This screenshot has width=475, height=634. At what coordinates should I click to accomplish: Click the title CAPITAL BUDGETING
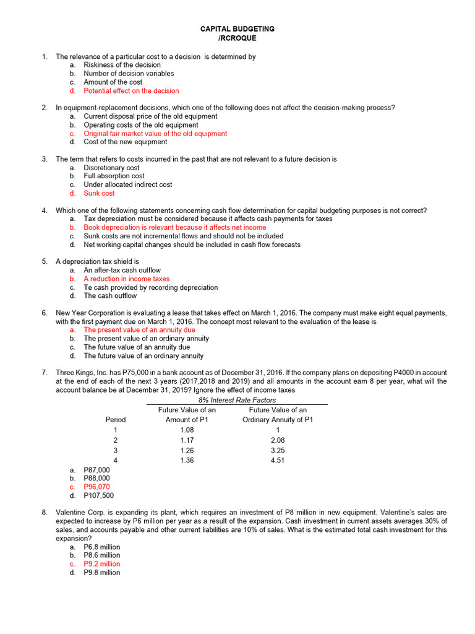pyautogui.click(x=237, y=29)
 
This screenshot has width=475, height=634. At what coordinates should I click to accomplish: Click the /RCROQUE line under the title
pyautogui.click(x=237, y=38)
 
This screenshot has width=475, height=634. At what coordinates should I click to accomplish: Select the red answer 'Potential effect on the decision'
pyautogui.click(x=131, y=91)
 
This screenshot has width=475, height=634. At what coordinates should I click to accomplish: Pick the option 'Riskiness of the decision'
pyautogui.click(x=122, y=65)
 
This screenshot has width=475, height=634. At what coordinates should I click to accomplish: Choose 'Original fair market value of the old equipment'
pyautogui.click(x=155, y=134)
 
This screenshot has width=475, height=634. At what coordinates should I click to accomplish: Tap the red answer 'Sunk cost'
pyautogui.click(x=99, y=193)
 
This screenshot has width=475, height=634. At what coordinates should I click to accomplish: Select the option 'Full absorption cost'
pyautogui.click(x=114, y=176)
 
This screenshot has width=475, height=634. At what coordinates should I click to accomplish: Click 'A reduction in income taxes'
pyautogui.click(x=126, y=279)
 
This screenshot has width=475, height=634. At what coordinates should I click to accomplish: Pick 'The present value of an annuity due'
pyautogui.click(x=139, y=330)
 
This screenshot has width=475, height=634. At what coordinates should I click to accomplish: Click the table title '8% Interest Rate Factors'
pyautogui.click(x=237, y=401)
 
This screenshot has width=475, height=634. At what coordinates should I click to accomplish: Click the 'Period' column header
pyautogui.click(x=116, y=420)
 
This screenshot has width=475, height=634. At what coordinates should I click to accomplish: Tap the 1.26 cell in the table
pyautogui.click(x=187, y=451)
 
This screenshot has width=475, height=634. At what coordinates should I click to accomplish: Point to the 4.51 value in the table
pyautogui.click(x=278, y=461)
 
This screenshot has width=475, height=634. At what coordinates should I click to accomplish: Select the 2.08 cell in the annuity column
pyautogui.click(x=278, y=440)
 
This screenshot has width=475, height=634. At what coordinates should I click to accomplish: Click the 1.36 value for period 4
pyautogui.click(x=187, y=461)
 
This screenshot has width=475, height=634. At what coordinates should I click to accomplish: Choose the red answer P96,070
pyautogui.click(x=96, y=487)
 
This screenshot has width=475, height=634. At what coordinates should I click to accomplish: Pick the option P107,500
pyautogui.click(x=98, y=495)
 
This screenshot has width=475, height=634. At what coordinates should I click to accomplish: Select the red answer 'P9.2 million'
pyautogui.click(x=102, y=564)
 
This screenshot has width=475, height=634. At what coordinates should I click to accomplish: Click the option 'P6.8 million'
pyautogui.click(x=102, y=547)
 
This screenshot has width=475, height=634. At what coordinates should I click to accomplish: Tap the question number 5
pyautogui.click(x=45, y=262)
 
